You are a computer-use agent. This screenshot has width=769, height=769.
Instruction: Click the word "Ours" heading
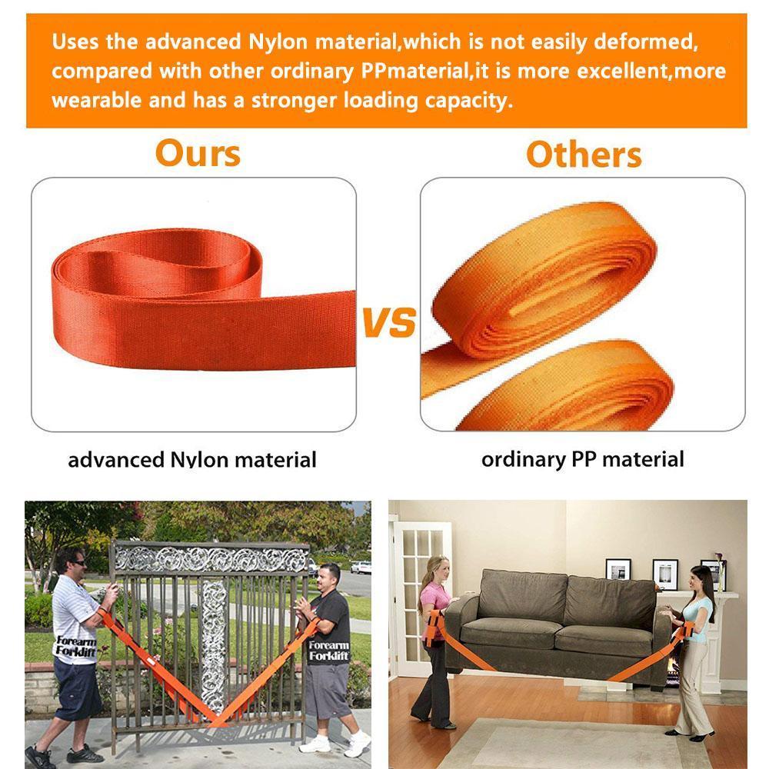click(198, 154)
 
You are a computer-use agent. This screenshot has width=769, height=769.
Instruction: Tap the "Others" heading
click(584, 155)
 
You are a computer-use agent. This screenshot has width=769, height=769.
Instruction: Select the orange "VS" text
click(389, 323)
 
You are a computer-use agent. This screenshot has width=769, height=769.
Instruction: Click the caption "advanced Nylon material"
click(191, 460)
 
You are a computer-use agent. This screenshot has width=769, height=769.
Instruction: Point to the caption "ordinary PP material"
click(583, 460)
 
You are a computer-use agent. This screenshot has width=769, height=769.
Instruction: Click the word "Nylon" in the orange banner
click(278, 42)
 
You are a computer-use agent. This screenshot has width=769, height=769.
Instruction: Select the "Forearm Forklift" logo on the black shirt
click(328, 651)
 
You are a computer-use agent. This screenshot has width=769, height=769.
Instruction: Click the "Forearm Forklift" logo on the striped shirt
click(75, 646)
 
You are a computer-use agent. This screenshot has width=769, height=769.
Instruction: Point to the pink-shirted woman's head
click(438, 568)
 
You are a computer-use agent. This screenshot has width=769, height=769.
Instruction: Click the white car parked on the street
click(361, 568)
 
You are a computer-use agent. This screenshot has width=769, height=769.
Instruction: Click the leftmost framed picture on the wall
click(618, 569)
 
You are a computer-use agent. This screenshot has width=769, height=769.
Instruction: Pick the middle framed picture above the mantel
click(665, 574)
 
